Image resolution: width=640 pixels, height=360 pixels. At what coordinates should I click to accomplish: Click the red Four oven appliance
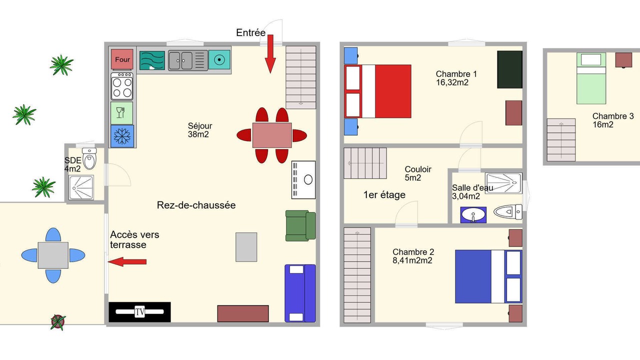click(x=122, y=59)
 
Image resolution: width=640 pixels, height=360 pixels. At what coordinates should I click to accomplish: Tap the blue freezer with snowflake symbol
click(x=122, y=136)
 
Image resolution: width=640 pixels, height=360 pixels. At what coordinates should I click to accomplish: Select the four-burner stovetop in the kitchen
click(x=122, y=86)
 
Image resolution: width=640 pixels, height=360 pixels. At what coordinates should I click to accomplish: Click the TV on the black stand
click(x=139, y=311)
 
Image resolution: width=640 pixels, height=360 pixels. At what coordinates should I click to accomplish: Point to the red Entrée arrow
click(x=270, y=54)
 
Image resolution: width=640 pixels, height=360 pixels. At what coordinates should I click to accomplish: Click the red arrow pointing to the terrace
click(x=127, y=261)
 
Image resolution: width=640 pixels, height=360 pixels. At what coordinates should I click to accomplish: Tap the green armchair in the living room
click(x=300, y=226)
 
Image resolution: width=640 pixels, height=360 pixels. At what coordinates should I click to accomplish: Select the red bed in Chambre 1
click(x=377, y=91)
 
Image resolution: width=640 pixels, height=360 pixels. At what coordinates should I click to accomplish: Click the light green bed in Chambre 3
click(x=591, y=78)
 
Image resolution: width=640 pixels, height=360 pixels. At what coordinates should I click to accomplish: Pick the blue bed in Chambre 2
click(x=488, y=276)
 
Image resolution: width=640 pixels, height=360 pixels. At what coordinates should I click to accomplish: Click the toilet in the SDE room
click(x=89, y=158)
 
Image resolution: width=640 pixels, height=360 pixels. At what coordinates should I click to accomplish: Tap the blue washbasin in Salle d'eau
click(x=473, y=215)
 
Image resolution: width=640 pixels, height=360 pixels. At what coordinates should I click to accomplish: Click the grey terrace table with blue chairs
click(x=53, y=255)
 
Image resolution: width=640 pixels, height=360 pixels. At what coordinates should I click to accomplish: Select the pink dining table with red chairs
click(x=271, y=135)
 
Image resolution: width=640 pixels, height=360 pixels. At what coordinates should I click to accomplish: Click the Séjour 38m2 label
click(x=199, y=130)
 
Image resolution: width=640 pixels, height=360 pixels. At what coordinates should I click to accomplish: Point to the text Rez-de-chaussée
click(x=196, y=205)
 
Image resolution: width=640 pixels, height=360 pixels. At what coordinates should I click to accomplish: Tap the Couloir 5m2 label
click(x=417, y=173)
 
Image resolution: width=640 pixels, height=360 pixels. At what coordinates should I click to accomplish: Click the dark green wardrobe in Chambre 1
click(x=509, y=69)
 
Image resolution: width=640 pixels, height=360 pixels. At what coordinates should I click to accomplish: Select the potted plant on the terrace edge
click(x=58, y=322)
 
